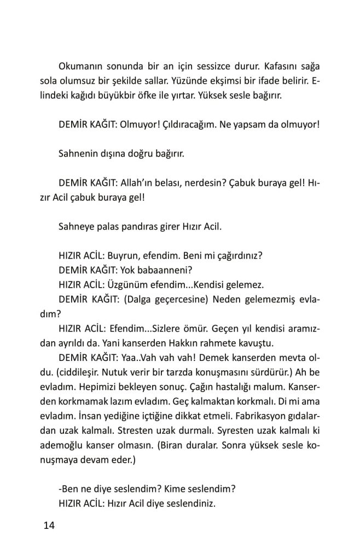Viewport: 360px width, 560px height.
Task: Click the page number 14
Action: (x=49, y=526)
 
